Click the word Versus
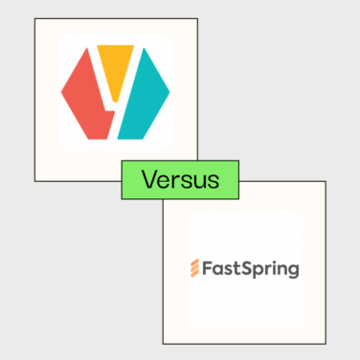[x=179, y=180]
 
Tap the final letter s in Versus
[x=211, y=182]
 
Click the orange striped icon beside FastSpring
[x=194, y=267]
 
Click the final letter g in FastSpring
[x=293, y=270]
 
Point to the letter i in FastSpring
[x=271, y=267]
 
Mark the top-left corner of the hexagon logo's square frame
[x=34, y=17]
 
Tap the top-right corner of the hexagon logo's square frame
[x=198, y=17]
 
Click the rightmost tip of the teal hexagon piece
[x=170, y=93]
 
